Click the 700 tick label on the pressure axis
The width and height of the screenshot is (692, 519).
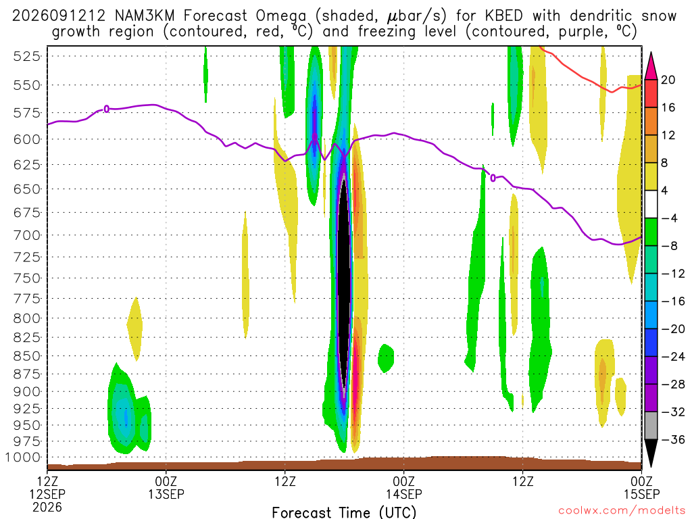27,235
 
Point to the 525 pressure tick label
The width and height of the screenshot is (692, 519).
27,57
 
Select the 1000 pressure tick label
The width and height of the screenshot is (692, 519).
24,458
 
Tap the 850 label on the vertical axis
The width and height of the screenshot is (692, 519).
27,356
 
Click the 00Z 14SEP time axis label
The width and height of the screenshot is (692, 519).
404,488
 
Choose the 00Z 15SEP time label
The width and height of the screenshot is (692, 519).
642,488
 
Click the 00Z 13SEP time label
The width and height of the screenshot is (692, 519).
166,488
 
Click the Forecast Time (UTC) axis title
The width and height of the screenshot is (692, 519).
344,512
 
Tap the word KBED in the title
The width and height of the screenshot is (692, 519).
504,16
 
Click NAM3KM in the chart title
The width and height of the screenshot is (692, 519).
145,16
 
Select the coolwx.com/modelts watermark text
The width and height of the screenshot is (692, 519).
622,511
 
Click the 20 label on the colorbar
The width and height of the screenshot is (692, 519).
668,80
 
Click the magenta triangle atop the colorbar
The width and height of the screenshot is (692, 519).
651,66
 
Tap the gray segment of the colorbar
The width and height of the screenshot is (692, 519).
651,426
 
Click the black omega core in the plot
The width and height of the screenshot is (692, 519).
344,282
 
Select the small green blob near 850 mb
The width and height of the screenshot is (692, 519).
386,358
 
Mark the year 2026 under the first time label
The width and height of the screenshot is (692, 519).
47,507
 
